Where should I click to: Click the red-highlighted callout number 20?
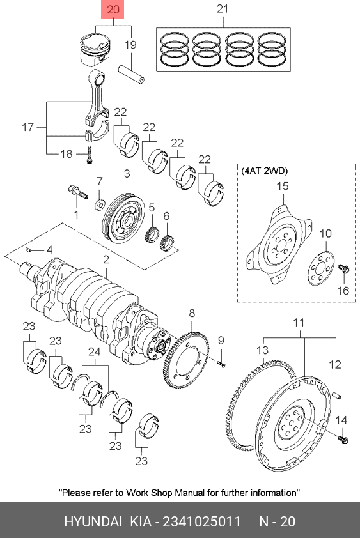click(x=113, y=10)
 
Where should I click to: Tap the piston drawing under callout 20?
click(x=95, y=50)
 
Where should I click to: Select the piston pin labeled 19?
click(x=132, y=73)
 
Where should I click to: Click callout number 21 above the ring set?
click(x=223, y=8)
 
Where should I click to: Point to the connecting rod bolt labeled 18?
click(x=89, y=155)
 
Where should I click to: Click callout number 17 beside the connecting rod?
click(x=28, y=127)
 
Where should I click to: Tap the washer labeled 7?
click(x=99, y=205)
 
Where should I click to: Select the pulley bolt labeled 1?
click(x=78, y=192)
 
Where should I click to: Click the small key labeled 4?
click(x=30, y=249)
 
